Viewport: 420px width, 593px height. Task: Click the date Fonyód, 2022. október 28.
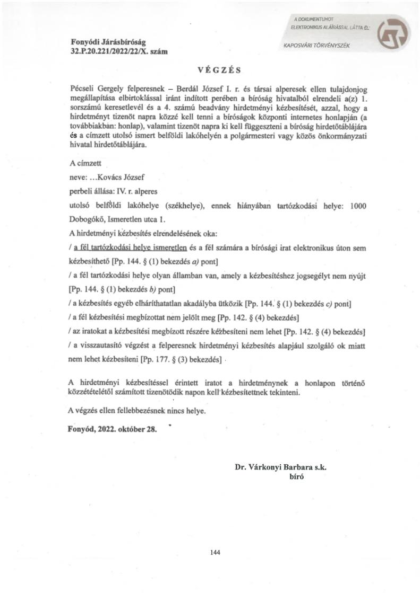point(113,429)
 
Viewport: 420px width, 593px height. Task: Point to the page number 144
point(215,552)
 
